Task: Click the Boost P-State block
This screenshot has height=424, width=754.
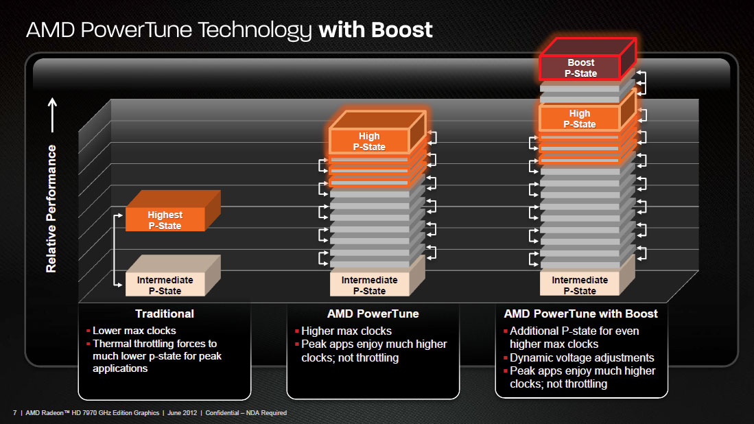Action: point(581,68)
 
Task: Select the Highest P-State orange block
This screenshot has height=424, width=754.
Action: point(165,220)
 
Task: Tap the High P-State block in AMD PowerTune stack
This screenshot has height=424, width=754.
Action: point(369,141)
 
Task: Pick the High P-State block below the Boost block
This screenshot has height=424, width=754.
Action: point(580,119)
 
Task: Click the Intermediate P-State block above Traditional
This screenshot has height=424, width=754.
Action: point(165,285)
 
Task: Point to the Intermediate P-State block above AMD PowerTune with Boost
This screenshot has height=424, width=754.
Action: point(580,285)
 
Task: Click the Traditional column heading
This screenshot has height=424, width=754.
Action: point(165,314)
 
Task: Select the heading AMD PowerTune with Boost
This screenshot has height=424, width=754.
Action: point(580,314)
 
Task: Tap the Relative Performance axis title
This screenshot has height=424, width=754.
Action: point(51,209)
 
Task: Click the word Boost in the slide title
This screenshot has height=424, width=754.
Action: point(402,30)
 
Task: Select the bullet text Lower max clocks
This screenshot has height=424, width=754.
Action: point(134,331)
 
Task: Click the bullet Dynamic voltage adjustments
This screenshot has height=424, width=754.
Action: point(582,357)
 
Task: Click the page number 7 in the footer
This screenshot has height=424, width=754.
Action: point(14,412)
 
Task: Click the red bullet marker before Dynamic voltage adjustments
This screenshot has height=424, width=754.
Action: point(506,358)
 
